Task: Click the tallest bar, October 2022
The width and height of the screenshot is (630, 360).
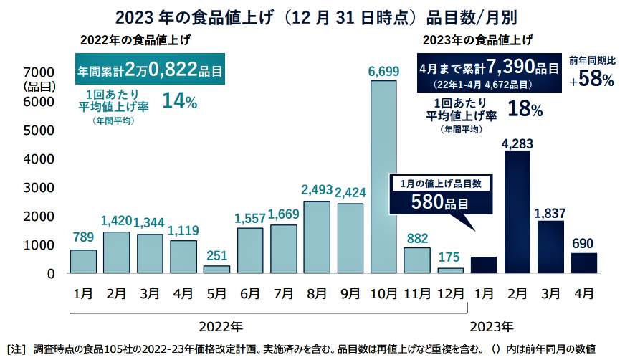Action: pyautogui.click(x=383, y=176)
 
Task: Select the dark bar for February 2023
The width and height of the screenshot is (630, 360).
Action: pyautogui.click(x=517, y=212)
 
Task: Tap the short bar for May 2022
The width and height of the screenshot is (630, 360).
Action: pyautogui.click(x=216, y=269)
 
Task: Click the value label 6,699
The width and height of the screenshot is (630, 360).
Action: pyautogui.click(x=383, y=71)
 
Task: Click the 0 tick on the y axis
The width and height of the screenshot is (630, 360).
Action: pyautogui.click(x=50, y=273)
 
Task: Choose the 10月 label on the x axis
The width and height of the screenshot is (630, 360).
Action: pyautogui.click(x=383, y=293)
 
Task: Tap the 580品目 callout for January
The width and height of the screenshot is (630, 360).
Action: pyautogui.click(x=440, y=202)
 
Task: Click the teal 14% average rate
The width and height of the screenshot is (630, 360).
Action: pyautogui.click(x=180, y=101)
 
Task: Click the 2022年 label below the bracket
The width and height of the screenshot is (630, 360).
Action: pyautogui.click(x=221, y=326)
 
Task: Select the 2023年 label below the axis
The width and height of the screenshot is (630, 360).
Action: pyautogui.click(x=491, y=326)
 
